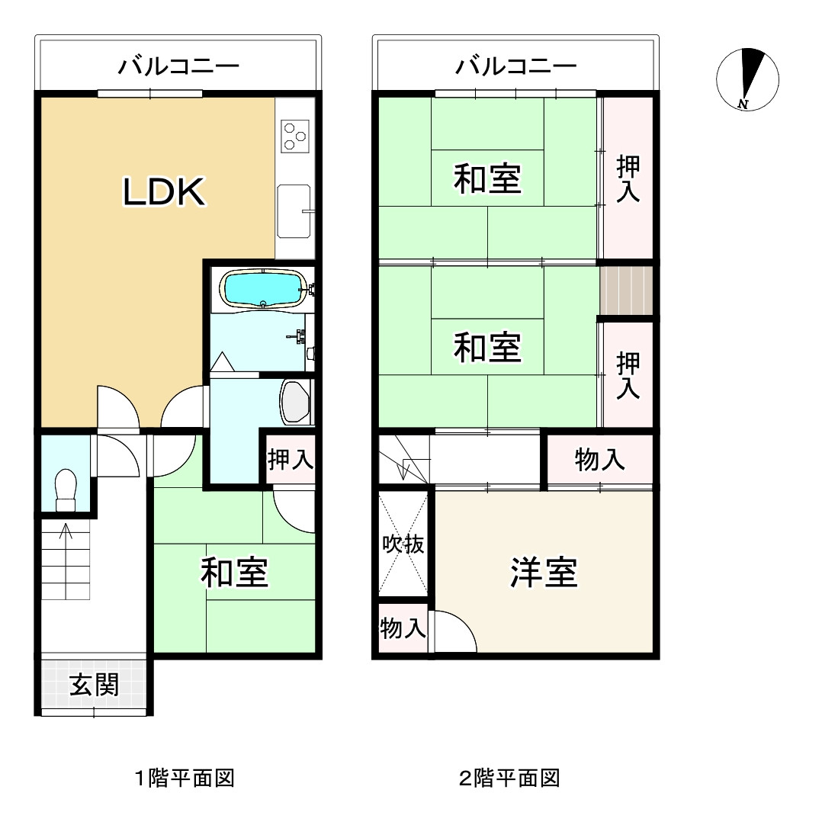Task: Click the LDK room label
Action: tap(164, 193)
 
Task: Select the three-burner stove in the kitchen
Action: tap(294, 136)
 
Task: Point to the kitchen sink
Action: tap(293, 210)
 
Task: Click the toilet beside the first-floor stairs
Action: tap(66, 489)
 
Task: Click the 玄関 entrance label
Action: tap(94, 685)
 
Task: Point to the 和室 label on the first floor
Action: tap(234, 573)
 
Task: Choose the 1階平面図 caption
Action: tap(184, 778)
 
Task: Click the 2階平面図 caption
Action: tap(509, 778)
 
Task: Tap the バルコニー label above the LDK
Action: tap(178, 67)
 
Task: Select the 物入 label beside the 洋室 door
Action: tap(403, 629)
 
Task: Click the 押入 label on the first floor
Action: tap(290, 460)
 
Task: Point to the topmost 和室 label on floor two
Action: tap(488, 180)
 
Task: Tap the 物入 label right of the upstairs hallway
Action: tap(600, 460)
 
